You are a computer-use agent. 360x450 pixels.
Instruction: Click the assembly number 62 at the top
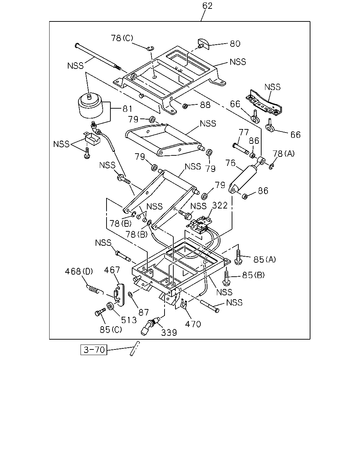pos(207,6)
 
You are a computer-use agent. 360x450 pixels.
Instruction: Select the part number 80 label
pos(235,44)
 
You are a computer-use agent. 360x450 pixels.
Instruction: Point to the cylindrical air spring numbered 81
pos(91,106)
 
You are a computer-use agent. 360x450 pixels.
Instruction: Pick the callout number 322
pos(220,206)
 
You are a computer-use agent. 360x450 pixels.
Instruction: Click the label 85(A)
pos(265,259)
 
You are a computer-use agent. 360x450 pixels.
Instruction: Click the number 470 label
pos(193,324)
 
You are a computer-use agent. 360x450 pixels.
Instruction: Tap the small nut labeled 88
pos(185,106)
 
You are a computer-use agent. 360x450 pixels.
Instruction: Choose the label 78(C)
pos(122,38)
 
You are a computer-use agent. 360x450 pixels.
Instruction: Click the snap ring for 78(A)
pos(271,167)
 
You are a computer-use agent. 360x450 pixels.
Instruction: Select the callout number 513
pos(129,320)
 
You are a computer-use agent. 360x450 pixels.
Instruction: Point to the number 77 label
pos(244,132)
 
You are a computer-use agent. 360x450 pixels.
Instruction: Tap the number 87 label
pos(143,313)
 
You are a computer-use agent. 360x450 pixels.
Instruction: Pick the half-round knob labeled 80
pos(204,44)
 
